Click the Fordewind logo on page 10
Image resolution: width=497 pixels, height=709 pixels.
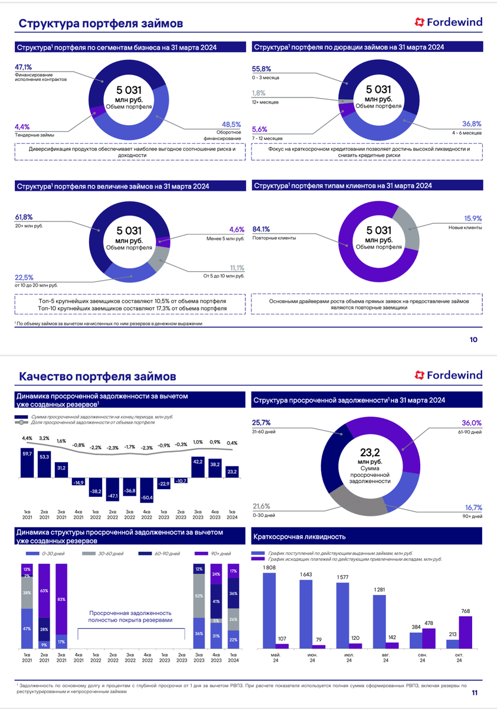tap(448, 22)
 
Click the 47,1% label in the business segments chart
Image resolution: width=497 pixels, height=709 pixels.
tap(23, 67)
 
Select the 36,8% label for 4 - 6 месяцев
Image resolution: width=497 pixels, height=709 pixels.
tap(472, 124)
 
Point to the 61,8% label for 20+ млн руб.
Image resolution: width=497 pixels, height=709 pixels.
tap(23, 217)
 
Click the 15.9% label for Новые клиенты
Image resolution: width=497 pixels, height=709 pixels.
tap(472, 219)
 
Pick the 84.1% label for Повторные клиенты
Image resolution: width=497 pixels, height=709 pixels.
tap(261, 229)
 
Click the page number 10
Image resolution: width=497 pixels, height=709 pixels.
tap(473, 340)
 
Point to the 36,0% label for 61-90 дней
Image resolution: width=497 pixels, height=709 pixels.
tap(472, 423)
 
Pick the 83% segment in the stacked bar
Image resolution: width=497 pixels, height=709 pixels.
tap(61, 599)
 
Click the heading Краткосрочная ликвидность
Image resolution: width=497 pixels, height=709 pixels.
tap(299, 537)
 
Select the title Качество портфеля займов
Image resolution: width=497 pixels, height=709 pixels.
tap(97, 376)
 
